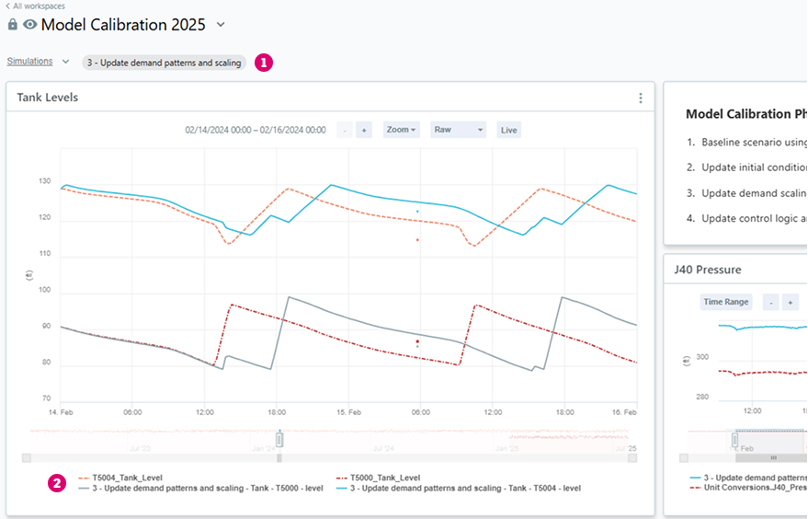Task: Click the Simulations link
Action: pyautogui.click(x=29, y=63)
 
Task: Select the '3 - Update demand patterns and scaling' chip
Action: pyautogui.click(x=164, y=63)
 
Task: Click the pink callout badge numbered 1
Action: pyautogui.click(x=264, y=63)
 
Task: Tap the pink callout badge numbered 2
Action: pyautogui.click(x=57, y=482)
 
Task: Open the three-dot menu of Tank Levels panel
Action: pyautogui.click(x=641, y=98)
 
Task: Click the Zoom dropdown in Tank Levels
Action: pyautogui.click(x=401, y=130)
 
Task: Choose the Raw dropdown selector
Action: pyautogui.click(x=458, y=130)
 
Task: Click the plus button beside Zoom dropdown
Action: pyautogui.click(x=364, y=130)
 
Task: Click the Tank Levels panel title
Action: pyautogui.click(x=48, y=98)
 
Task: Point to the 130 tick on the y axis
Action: pyautogui.click(x=45, y=182)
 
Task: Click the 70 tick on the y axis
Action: pyautogui.click(x=46, y=399)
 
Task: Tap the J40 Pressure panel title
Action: pyautogui.click(x=707, y=270)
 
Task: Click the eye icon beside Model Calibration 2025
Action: pyautogui.click(x=30, y=25)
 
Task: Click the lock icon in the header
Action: pyautogui.click(x=13, y=25)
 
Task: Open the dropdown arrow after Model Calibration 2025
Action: pyautogui.click(x=221, y=25)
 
